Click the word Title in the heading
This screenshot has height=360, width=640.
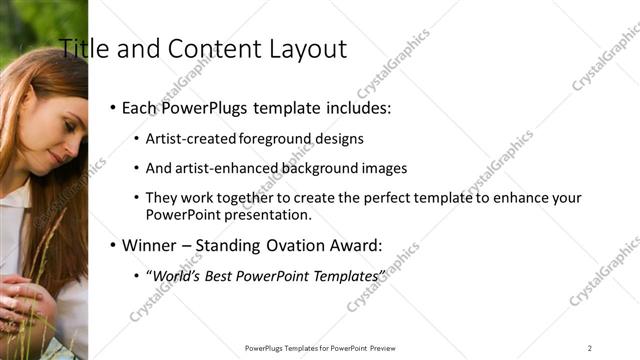coord(81,49)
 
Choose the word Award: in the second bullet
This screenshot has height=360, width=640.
coord(358,244)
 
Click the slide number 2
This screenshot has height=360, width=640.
coord(590,348)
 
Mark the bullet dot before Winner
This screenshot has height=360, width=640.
coord(113,244)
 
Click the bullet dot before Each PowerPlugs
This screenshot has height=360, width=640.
coord(113,107)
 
